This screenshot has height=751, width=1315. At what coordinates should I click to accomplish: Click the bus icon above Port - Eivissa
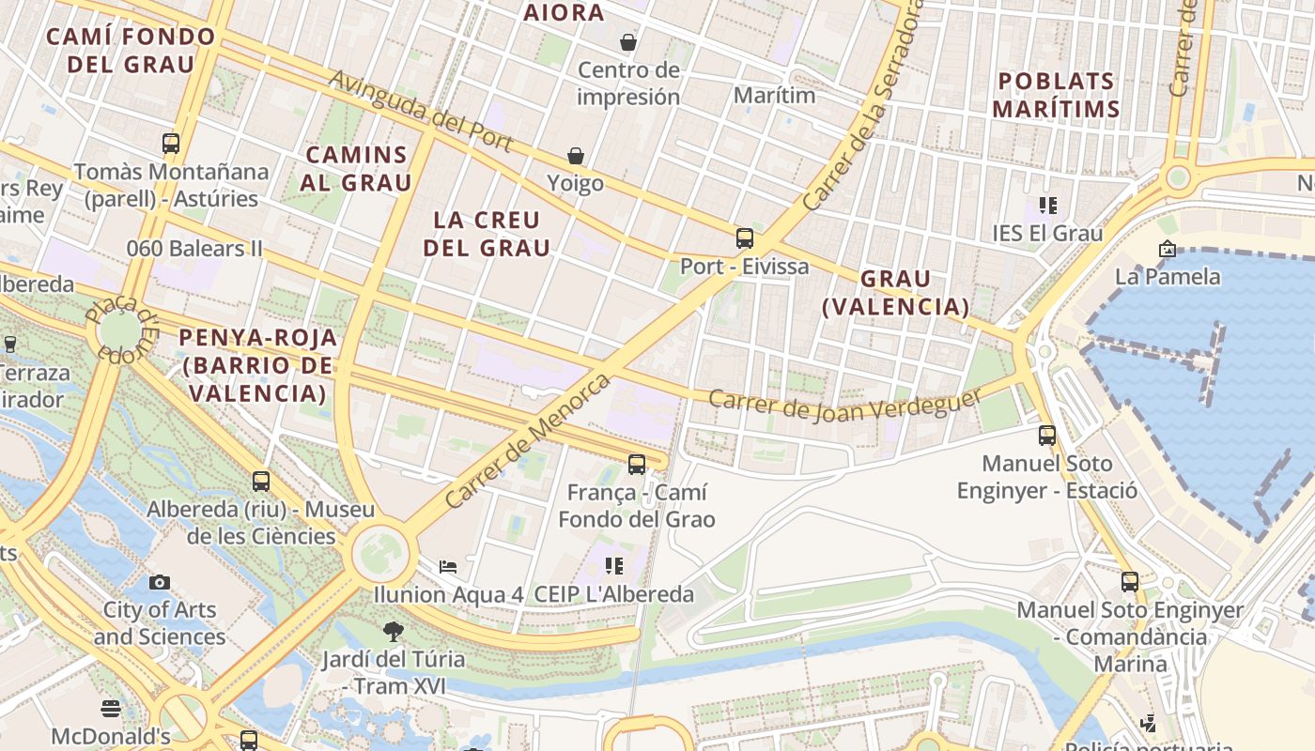(x=745, y=238)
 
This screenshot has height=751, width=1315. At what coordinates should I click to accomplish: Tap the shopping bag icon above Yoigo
(x=575, y=155)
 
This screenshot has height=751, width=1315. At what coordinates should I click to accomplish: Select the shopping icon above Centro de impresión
(x=627, y=42)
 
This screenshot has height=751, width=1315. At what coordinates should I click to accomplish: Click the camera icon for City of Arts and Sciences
(x=160, y=582)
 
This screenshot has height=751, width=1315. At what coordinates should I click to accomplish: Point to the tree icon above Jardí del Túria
(x=394, y=632)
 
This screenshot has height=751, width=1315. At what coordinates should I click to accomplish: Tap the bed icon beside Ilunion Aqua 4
(x=449, y=566)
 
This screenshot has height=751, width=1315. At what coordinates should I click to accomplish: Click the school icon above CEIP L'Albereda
(x=614, y=566)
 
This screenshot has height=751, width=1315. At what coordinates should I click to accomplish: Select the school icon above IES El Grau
(x=1048, y=205)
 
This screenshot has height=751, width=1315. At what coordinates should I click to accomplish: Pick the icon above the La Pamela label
(x=1167, y=249)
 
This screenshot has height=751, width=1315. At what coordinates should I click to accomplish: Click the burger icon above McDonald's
(x=111, y=708)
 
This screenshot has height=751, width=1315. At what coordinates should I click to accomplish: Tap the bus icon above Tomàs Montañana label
(x=171, y=144)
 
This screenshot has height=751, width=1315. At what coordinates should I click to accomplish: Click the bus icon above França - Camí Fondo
(x=637, y=464)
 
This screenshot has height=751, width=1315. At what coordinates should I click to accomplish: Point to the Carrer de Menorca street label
(x=528, y=441)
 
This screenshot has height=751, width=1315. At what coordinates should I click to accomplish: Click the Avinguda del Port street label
(x=420, y=111)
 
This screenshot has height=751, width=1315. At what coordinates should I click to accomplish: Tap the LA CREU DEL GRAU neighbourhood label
(x=487, y=234)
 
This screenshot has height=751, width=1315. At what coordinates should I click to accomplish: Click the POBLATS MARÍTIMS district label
(x=1056, y=95)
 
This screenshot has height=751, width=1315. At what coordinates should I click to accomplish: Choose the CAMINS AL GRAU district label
(x=356, y=168)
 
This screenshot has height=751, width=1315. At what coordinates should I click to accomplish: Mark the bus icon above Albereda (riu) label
(x=261, y=482)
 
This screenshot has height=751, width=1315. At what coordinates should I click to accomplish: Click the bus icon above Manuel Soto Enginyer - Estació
(x=1047, y=436)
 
